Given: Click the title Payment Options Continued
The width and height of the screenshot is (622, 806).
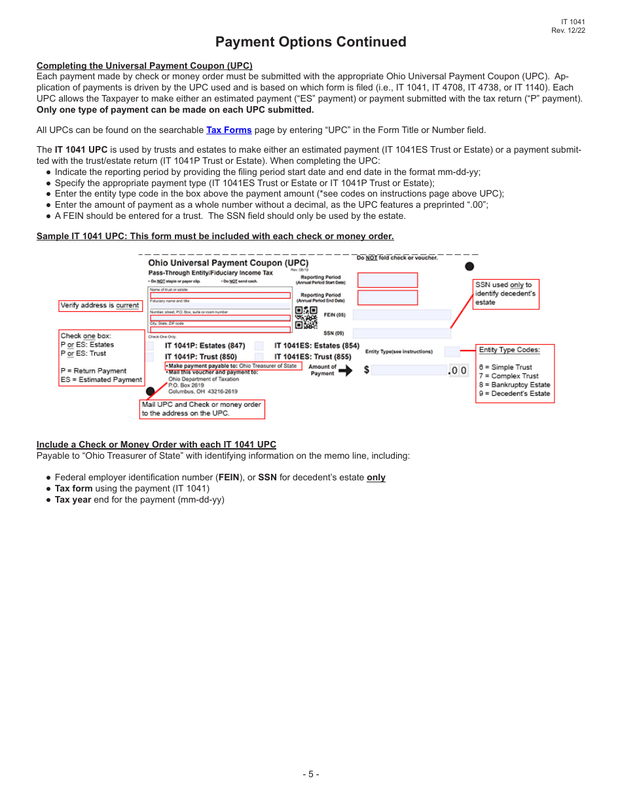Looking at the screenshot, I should (310, 42).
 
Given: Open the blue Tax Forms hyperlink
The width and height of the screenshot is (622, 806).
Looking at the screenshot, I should (229, 130).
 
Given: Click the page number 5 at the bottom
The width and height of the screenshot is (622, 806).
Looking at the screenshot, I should (311, 774).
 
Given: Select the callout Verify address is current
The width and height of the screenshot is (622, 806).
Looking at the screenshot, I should (100, 305).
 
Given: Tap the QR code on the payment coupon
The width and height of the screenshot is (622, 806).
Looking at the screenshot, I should (306, 317).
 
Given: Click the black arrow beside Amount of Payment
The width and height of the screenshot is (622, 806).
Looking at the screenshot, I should (345, 370).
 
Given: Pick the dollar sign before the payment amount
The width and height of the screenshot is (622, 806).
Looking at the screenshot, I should (367, 370).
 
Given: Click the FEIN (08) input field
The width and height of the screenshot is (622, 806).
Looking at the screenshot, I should (401, 315).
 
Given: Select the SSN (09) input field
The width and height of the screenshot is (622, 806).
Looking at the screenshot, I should (401, 334).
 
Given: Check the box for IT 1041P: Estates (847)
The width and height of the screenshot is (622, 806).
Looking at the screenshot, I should (150, 346).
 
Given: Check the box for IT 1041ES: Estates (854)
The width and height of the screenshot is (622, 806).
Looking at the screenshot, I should (259, 346).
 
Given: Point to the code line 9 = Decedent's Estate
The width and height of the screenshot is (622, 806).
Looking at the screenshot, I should (515, 394).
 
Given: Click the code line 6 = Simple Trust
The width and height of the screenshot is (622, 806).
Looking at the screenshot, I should (505, 367).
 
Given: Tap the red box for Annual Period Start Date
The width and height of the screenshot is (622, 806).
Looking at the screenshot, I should (387, 280).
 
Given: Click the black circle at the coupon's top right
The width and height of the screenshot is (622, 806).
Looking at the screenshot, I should (469, 266).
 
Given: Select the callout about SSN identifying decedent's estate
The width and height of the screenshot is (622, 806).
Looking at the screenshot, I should (505, 294).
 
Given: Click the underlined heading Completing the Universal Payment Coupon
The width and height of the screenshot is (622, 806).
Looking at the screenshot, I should (144, 66).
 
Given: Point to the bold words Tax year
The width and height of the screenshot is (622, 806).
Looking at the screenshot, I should (73, 499).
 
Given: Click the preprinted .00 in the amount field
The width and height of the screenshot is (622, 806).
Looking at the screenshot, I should (458, 371).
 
